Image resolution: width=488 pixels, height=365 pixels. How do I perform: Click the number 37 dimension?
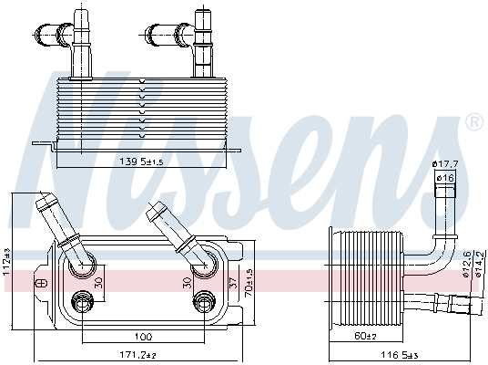pos(232,283)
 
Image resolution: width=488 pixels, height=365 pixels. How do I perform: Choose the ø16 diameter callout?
pos(444,177)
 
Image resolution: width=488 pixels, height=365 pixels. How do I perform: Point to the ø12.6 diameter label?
pos(466,263)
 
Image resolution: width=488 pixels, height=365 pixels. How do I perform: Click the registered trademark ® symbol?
pos(473,121)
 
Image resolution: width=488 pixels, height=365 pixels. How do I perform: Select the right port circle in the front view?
pos(206,263)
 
